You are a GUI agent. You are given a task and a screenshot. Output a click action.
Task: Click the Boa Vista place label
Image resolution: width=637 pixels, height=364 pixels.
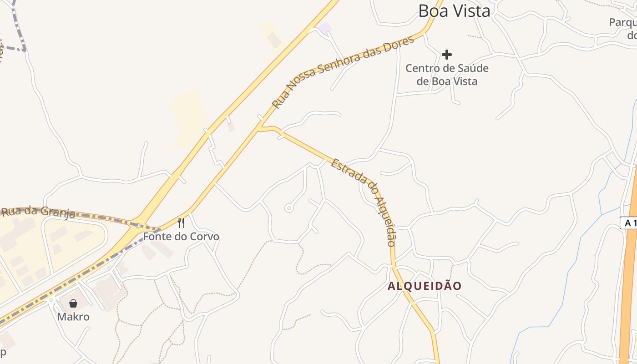pyautogui.click(x=454, y=11)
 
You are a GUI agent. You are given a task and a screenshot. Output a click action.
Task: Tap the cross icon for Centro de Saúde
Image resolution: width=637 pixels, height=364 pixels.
pyautogui.click(x=447, y=55)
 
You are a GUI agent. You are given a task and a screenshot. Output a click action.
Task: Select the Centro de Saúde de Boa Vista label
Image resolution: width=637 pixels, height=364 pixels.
pyautogui.click(x=447, y=75)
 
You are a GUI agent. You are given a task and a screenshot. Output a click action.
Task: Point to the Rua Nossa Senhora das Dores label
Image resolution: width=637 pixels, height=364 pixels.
pyautogui.click(x=343, y=71)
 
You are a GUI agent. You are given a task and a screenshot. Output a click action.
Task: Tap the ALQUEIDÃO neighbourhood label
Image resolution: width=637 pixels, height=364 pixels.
pyautogui.click(x=425, y=286)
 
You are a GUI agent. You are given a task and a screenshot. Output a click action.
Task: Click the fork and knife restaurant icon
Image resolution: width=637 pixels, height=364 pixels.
pyautogui.click(x=181, y=223)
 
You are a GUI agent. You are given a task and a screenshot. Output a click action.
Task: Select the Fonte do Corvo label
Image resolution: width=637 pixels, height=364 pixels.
pyautogui.click(x=181, y=237)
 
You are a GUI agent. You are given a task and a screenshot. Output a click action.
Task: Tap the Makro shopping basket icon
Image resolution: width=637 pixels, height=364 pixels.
pyautogui.click(x=73, y=303)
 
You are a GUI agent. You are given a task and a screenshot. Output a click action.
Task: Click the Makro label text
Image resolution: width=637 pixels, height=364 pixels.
pyautogui.click(x=73, y=317)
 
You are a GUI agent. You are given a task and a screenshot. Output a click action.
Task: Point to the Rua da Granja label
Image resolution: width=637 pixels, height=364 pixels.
pyautogui.click(x=38, y=212)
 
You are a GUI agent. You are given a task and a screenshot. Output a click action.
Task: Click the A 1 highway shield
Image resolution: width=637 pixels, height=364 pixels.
pyautogui.click(x=629, y=223)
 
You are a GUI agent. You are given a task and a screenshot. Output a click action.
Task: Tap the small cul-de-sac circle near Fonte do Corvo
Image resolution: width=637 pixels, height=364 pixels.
pyautogui.click(x=288, y=208)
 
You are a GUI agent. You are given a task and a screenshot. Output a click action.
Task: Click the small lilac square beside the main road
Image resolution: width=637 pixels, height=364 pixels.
pyautogui.click(x=325, y=28)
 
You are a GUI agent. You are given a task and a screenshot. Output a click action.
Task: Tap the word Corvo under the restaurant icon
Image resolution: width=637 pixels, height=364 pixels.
pyautogui.click(x=204, y=237)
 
